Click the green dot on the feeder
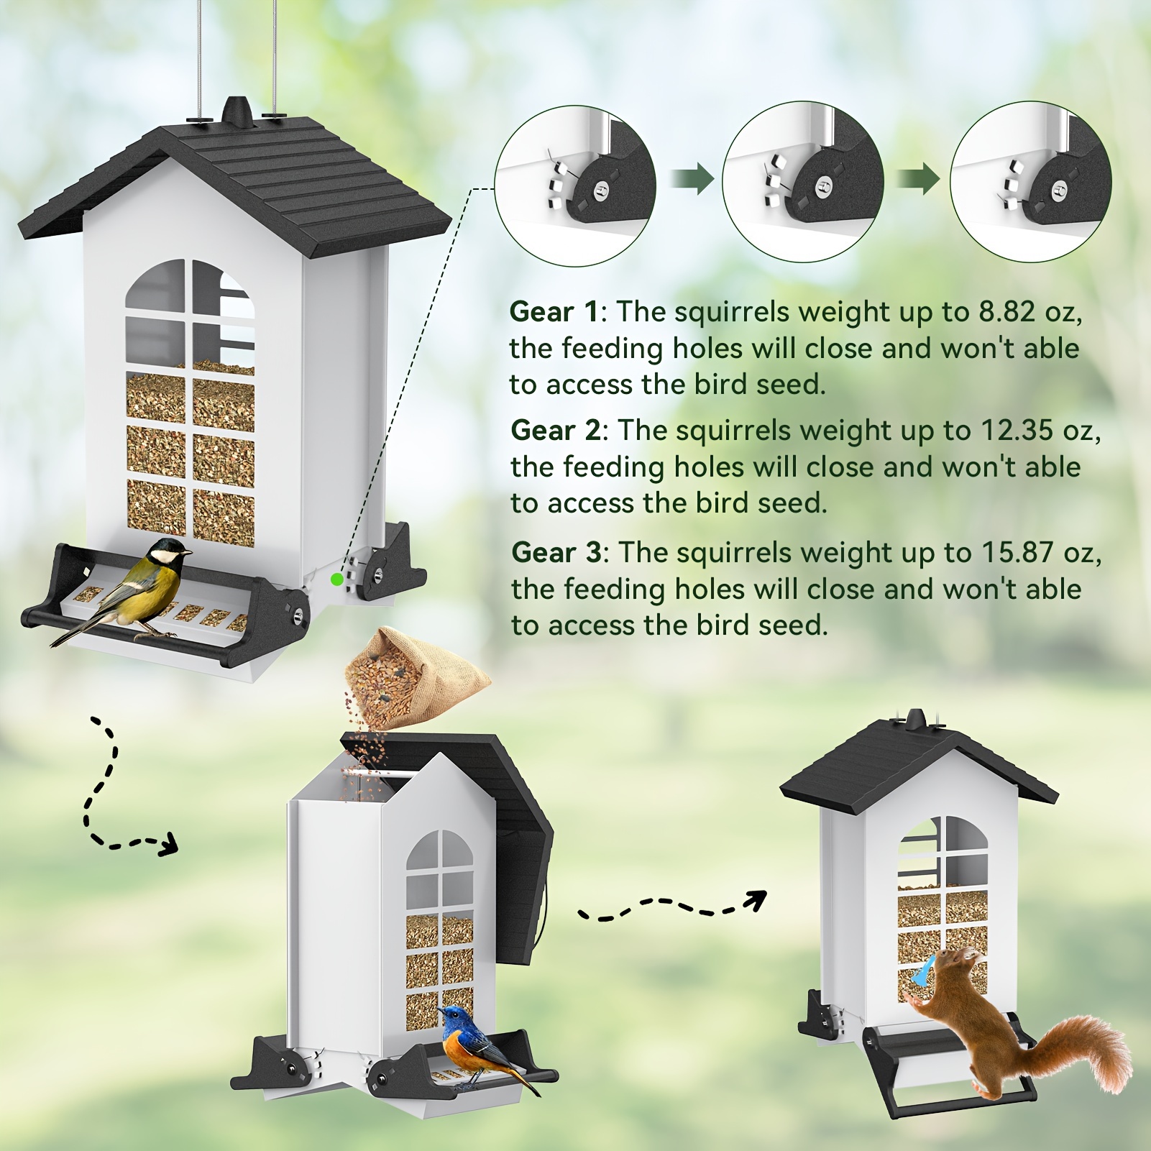(336, 579)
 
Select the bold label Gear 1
(554, 312)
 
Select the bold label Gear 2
(556, 431)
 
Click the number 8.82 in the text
(1006, 312)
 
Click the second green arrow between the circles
(918, 178)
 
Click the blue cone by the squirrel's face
(923, 970)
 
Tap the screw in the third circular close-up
(1060, 191)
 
